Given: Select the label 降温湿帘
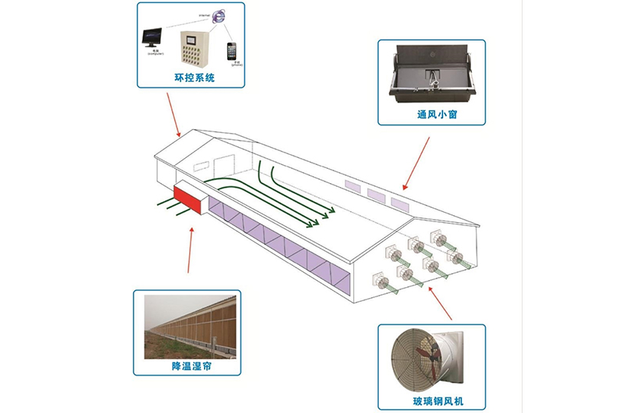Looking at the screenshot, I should [187, 366].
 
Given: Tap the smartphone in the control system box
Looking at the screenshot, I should [232, 51].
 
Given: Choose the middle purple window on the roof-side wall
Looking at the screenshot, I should [377, 196].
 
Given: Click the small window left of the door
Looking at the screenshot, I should [202, 167].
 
